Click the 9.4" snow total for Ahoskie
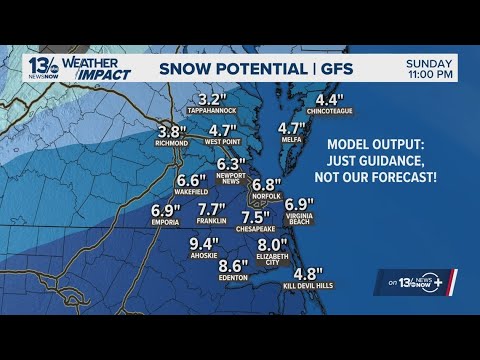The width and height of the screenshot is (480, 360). (204, 243)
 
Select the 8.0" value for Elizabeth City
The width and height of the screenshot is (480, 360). (273, 244)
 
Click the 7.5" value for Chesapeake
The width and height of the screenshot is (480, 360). (256, 217)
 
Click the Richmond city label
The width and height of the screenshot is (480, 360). (172, 144)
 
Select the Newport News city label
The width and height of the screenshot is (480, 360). (231, 180)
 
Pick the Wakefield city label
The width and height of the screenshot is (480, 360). (191, 194)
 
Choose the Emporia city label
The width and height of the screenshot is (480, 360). (165, 223)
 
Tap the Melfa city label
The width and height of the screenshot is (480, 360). (291, 142)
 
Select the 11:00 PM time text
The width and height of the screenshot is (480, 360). (430, 75)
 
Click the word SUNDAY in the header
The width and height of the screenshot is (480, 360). (430, 62)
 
